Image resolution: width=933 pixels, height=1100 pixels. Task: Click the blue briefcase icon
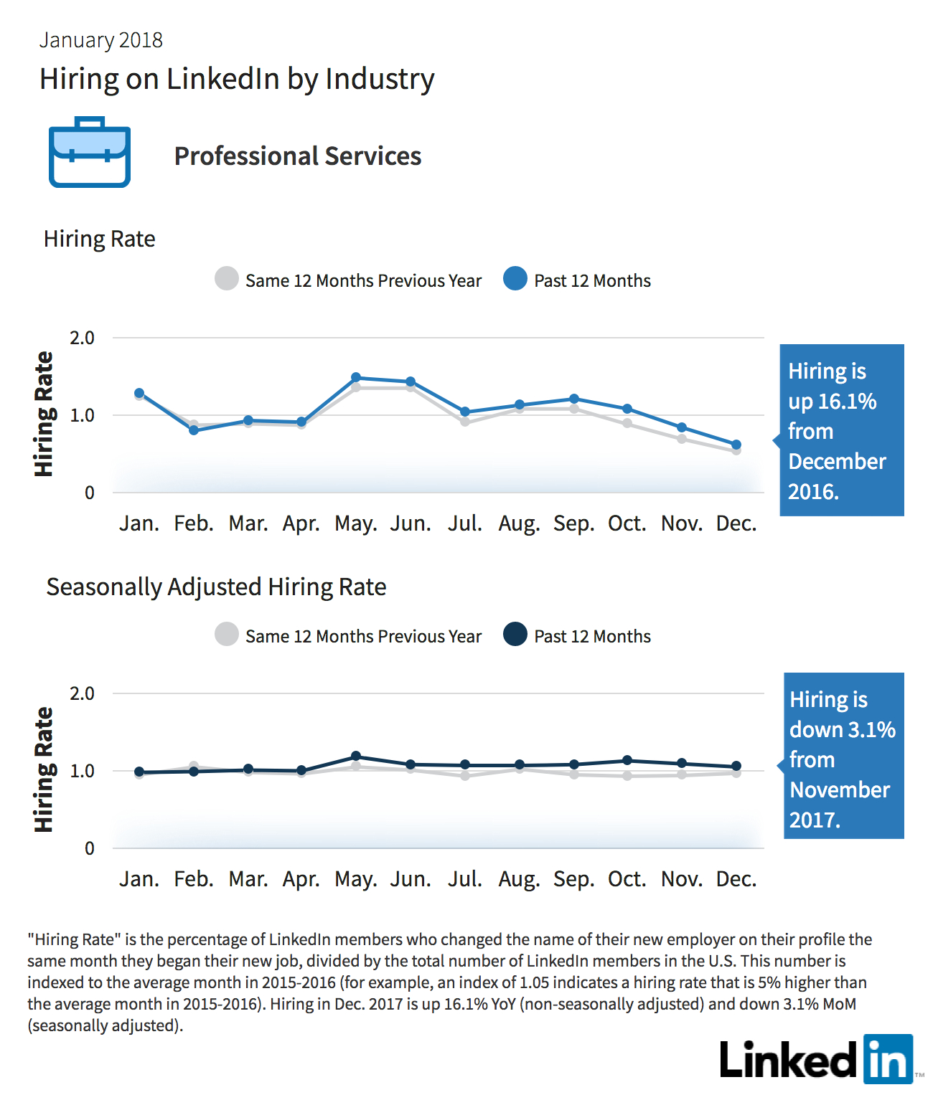90,152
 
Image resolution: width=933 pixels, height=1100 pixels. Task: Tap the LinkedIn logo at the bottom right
817,1059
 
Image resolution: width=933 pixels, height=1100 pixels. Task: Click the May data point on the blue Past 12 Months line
356,377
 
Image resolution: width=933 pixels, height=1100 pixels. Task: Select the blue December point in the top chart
736,445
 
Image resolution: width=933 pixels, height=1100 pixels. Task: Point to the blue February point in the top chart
194,430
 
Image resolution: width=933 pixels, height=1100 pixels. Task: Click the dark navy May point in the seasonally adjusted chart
356,756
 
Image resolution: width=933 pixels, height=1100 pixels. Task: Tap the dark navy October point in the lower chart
627,760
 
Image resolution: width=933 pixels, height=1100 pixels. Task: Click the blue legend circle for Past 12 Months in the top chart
515,278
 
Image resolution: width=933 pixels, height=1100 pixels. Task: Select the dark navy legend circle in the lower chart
515,634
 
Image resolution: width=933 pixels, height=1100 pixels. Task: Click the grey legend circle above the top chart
226,278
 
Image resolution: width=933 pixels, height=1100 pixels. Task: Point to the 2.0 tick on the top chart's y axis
82,338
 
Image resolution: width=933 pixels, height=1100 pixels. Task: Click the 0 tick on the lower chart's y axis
90,848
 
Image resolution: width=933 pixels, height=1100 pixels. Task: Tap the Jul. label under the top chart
465,523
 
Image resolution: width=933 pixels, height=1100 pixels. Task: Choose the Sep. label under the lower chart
573,880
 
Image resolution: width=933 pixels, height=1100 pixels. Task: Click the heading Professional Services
298,156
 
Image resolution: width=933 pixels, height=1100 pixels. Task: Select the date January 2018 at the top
100,40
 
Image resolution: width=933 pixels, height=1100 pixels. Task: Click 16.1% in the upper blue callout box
847,402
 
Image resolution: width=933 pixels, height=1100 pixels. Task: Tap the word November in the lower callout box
840,790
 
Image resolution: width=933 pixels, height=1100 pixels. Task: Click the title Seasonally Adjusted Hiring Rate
216,587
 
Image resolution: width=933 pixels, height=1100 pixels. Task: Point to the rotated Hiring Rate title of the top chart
44,414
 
